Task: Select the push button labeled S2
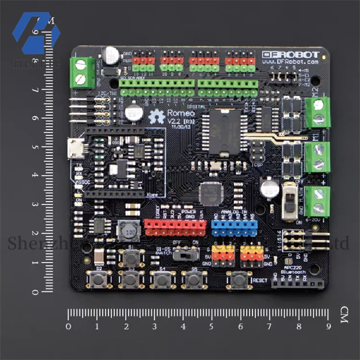(99, 279)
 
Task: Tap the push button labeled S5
(194, 279)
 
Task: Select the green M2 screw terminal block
(318, 112)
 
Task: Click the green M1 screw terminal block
(318, 157)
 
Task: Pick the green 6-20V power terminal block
(318, 201)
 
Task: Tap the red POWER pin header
(175, 228)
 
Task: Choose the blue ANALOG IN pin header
(234, 228)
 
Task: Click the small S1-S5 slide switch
(184, 255)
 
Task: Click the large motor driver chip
(222, 130)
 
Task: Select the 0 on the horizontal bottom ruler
(68, 326)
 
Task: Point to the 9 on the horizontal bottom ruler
(328, 326)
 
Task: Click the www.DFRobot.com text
(291, 62)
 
